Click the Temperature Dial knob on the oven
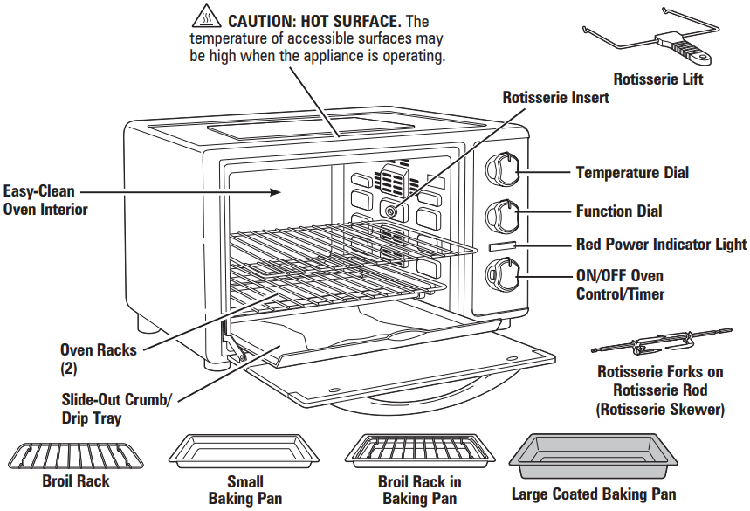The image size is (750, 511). click(x=504, y=169)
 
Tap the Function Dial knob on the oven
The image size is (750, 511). click(x=504, y=214)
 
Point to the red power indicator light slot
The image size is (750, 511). click(x=502, y=247)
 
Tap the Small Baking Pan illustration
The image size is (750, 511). click(x=245, y=452)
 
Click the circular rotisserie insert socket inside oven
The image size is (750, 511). click(x=390, y=211)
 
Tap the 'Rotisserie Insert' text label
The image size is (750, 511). click(x=555, y=98)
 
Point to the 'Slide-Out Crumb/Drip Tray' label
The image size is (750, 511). click(x=116, y=409)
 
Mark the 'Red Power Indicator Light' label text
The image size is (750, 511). click(x=661, y=245)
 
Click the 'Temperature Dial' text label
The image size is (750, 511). click(x=631, y=172)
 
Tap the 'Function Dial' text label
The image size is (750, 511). click(x=618, y=211)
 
